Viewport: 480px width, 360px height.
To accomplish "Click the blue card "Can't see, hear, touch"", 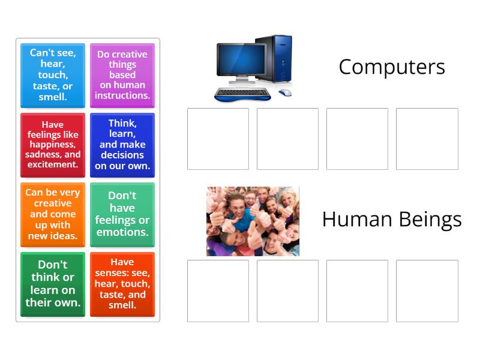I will pyautogui.click(x=53, y=75).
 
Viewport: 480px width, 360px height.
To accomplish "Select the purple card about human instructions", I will pyautogui.click(x=122, y=75).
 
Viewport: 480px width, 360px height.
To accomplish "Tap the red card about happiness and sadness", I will pyautogui.click(x=53, y=145).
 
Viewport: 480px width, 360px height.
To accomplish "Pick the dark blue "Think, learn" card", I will pyautogui.click(x=122, y=145).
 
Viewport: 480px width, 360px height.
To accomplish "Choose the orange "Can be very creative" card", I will pyautogui.click(x=53, y=214).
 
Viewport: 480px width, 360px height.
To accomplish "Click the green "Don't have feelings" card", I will pyautogui.click(x=122, y=214).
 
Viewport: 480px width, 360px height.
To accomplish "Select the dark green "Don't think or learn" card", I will pyautogui.click(x=53, y=284).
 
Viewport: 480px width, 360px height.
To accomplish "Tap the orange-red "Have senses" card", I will pyautogui.click(x=122, y=284).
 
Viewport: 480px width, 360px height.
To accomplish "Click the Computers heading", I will pyautogui.click(x=391, y=67).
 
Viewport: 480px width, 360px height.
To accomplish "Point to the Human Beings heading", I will pyautogui.click(x=391, y=219).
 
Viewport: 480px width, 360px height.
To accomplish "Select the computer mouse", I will pyautogui.click(x=284, y=92).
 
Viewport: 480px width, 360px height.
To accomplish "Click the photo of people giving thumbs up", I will pyautogui.click(x=253, y=221).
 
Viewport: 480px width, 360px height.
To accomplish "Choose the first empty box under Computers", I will pyautogui.click(x=218, y=139).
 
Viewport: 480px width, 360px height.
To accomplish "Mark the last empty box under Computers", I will pyautogui.click(x=427, y=139).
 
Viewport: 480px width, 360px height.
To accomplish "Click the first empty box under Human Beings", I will pyautogui.click(x=218, y=290).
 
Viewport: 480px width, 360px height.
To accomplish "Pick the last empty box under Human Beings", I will pyautogui.click(x=427, y=290).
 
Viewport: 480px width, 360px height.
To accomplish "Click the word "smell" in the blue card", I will pyautogui.click(x=53, y=97).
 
